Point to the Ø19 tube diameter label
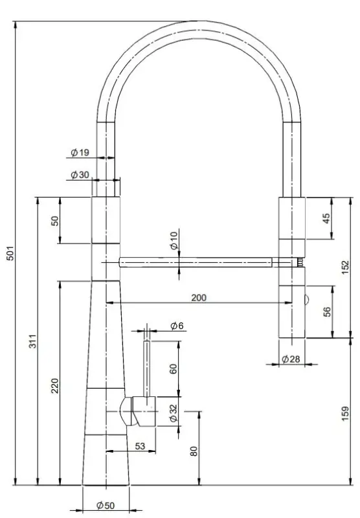point(80,153)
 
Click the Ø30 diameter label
point(80,175)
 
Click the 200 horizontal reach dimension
point(199,297)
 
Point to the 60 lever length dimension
point(173,369)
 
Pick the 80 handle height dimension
point(194,451)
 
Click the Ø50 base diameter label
point(106,505)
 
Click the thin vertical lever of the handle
point(148,369)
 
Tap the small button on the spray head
point(306,298)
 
